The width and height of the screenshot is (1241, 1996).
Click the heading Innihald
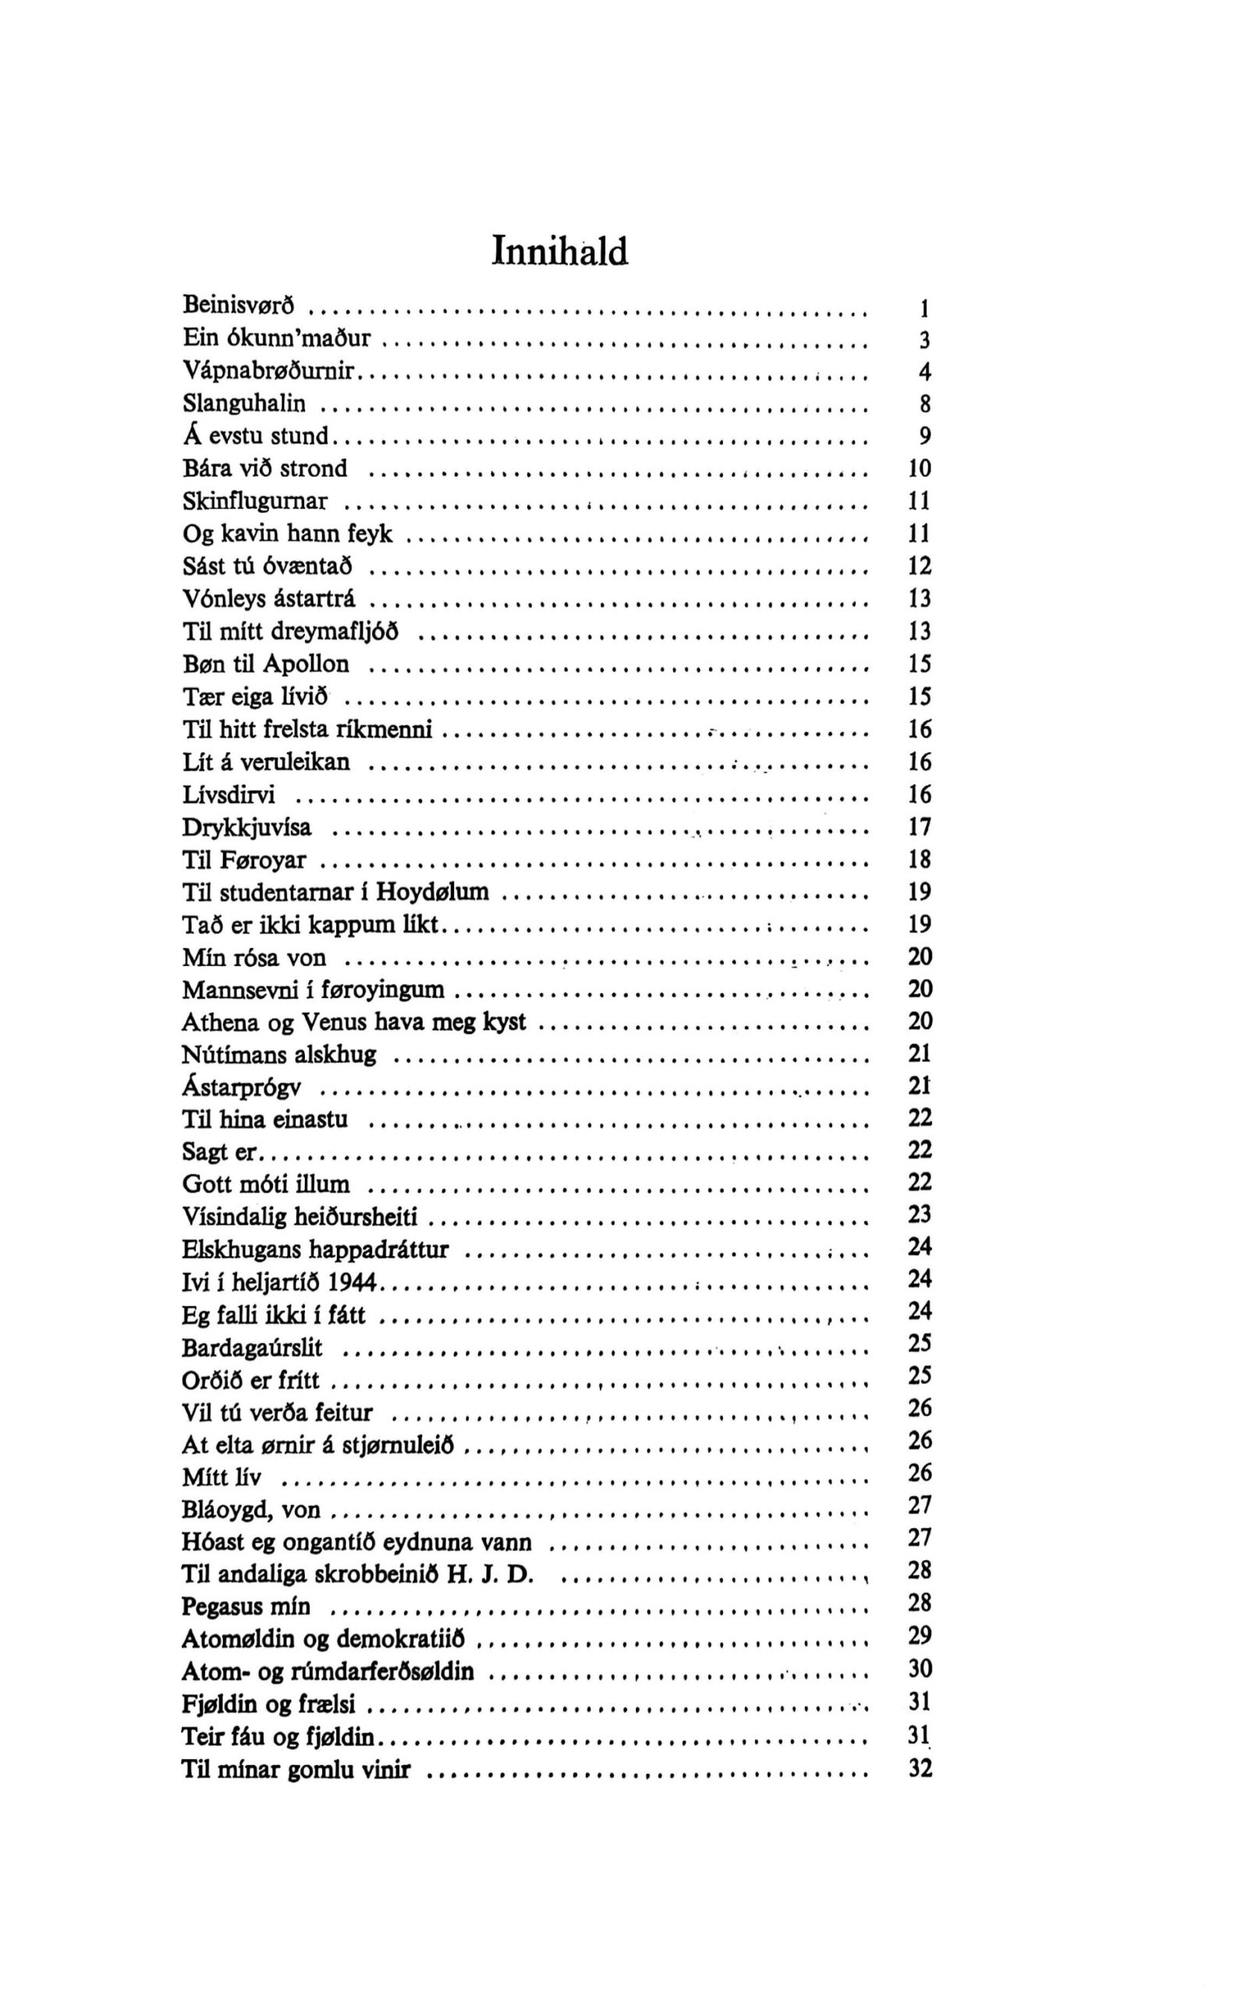point(560,251)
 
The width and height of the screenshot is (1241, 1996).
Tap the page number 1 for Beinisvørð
point(924,309)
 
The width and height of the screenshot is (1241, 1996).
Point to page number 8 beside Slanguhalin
point(925,404)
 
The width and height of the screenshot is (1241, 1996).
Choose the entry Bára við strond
point(264,469)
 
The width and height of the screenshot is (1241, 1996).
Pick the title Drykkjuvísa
point(246,826)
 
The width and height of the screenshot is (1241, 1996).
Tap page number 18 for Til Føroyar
point(920,859)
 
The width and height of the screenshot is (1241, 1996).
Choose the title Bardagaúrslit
point(252,1347)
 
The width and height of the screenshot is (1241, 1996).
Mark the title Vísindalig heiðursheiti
point(300,1216)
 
